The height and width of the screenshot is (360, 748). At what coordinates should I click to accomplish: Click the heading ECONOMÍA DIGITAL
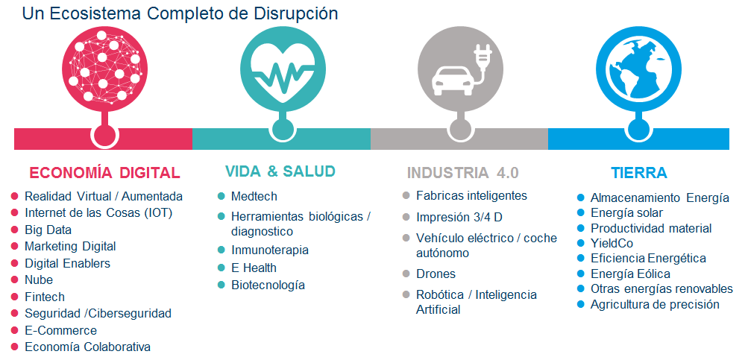pos(105,172)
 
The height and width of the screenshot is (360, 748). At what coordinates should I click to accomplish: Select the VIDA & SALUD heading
pos(280,171)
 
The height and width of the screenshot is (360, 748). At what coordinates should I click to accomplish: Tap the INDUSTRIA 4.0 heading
pos(462,173)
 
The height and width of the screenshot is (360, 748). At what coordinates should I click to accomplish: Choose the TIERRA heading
pos(639,173)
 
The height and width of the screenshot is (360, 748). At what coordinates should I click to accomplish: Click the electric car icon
pos(450,78)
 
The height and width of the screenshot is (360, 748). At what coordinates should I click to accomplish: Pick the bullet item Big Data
pos(48,230)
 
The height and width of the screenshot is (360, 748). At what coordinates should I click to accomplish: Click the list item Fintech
pos(44,297)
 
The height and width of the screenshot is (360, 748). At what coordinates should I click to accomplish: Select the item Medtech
pos(254,197)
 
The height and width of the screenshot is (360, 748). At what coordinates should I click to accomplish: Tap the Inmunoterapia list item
pos(270,250)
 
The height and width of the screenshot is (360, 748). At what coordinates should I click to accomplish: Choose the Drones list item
pos(436,274)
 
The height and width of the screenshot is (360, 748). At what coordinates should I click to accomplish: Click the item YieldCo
pos(612,244)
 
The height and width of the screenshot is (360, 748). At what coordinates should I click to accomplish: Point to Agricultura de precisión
pos(655,304)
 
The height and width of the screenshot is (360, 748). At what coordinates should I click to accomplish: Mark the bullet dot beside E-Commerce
pos(14,330)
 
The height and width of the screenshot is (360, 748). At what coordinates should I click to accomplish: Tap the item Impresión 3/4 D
pos(459,218)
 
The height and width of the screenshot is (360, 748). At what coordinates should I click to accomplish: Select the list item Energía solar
pos(627,213)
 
